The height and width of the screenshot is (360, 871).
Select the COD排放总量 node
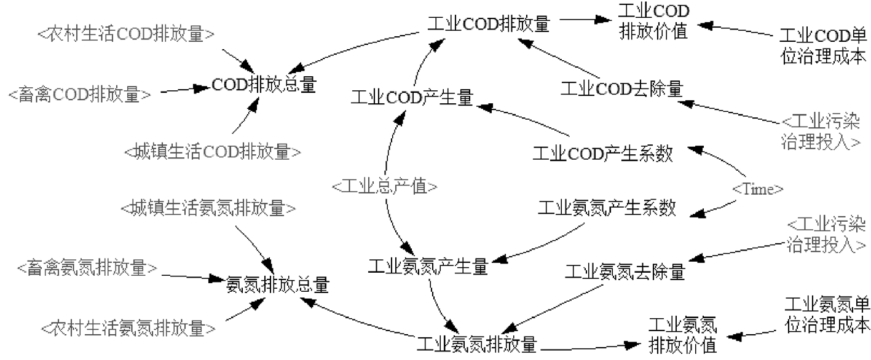pyautogui.click(x=264, y=85)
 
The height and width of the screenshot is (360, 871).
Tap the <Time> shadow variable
pyautogui.click(x=757, y=189)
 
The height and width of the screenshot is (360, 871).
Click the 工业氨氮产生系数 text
pyautogui.click(x=607, y=208)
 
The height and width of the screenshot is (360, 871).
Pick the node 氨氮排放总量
pyautogui.click(x=277, y=285)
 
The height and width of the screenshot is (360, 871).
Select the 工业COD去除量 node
pyautogui.click(x=622, y=90)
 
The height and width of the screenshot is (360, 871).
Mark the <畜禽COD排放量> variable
pyautogui.click(x=79, y=95)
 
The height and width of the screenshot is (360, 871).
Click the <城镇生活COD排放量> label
pyautogui.click(x=212, y=151)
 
